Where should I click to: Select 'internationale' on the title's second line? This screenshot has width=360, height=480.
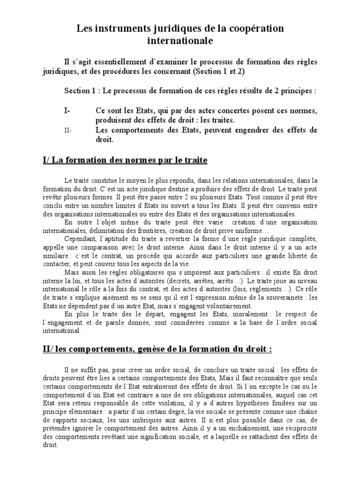tap(180, 41)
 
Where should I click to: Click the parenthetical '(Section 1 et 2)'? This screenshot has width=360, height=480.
tap(218, 71)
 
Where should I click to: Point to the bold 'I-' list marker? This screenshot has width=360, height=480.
tap(67, 111)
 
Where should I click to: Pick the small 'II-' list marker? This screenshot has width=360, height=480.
tap(67, 131)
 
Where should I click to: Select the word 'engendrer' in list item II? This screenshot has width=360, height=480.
tap(249, 131)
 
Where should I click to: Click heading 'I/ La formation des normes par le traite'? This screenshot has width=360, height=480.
tap(125, 160)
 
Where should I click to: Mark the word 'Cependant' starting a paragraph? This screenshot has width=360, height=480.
tap(81, 239)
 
